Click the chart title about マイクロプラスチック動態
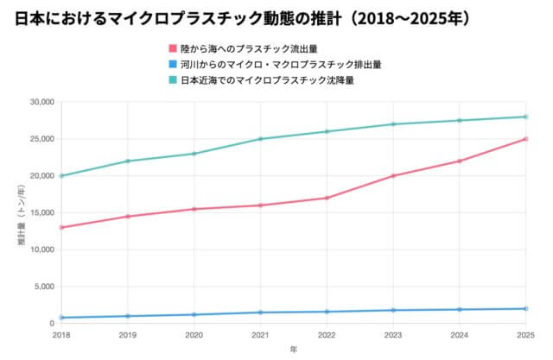(x=244, y=18)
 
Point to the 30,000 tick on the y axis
(x=41, y=102)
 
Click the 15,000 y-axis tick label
(x=41, y=213)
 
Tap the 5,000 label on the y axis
(x=43, y=287)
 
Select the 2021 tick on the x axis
(x=260, y=333)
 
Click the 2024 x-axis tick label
(x=460, y=333)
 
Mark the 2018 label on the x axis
(x=60, y=333)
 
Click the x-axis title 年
(x=293, y=350)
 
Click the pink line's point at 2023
(x=393, y=176)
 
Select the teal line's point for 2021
(x=260, y=139)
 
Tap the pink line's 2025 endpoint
(x=526, y=139)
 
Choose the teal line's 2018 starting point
(x=60, y=176)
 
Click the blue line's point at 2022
(x=327, y=312)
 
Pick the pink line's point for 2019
(x=127, y=217)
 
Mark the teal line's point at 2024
(x=460, y=120)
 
